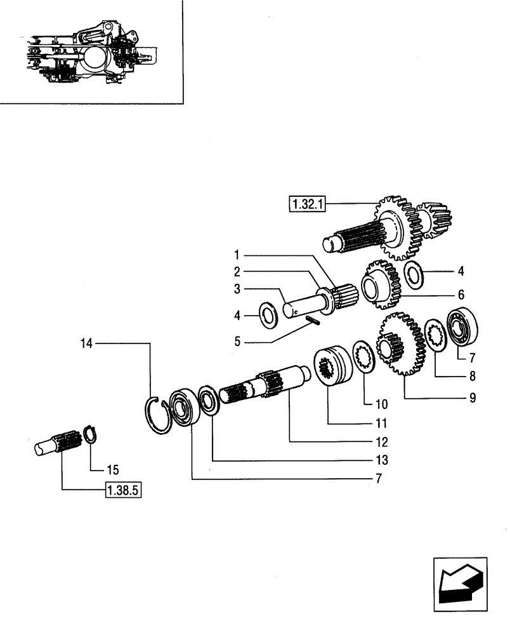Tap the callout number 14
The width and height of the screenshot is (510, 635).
(x=86, y=344)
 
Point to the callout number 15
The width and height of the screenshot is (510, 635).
(x=113, y=470)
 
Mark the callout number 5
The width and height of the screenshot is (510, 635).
(x=237, y=342)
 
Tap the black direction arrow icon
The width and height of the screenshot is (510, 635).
(x=460, y=584)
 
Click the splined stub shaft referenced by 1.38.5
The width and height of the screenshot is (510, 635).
(x=57, y=443)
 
